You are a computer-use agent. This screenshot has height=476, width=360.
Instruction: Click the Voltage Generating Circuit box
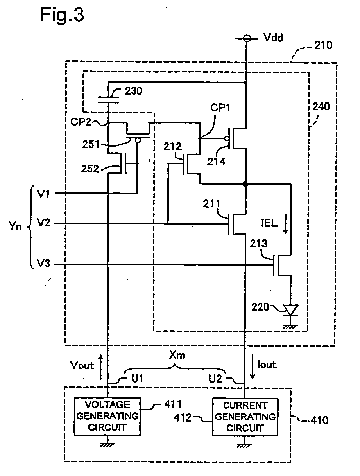[107, 416]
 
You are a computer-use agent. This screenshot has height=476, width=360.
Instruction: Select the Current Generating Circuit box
[245, 417]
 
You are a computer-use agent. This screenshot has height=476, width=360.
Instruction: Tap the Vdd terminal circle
[246, 39]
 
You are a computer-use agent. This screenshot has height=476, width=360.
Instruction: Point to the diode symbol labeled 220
[291, 310]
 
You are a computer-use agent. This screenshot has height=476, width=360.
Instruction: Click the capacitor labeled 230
[108, 99]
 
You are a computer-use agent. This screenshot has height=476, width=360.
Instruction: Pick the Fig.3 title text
[62, 14]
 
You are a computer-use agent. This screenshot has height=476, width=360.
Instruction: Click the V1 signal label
[43, 193]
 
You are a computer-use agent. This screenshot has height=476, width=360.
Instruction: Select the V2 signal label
[43, 223]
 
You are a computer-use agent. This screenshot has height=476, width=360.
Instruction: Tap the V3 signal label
[43, 264]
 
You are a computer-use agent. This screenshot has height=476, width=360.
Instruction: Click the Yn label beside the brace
[15, 226]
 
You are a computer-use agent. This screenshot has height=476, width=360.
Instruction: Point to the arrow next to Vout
[101, 367]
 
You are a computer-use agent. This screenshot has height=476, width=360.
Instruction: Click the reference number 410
[319, 420]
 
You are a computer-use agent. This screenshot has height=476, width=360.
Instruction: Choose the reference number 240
[321, 106]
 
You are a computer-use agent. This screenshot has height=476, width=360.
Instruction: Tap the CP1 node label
[220, 108]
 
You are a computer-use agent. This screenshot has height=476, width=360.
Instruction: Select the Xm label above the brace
[177, 355]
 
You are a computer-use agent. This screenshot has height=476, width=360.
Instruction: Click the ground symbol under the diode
[290, 326]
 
